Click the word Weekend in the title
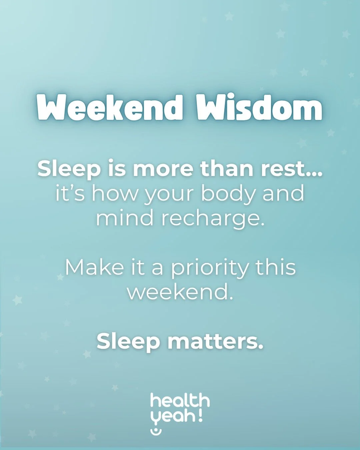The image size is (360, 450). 110,107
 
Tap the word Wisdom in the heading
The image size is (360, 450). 259,107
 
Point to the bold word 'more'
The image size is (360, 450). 163,169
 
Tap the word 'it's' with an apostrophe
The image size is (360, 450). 70,193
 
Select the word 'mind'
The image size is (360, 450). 125,218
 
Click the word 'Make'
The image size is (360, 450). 94,267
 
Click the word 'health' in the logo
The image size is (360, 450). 180,401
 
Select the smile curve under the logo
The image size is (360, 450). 156,431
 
